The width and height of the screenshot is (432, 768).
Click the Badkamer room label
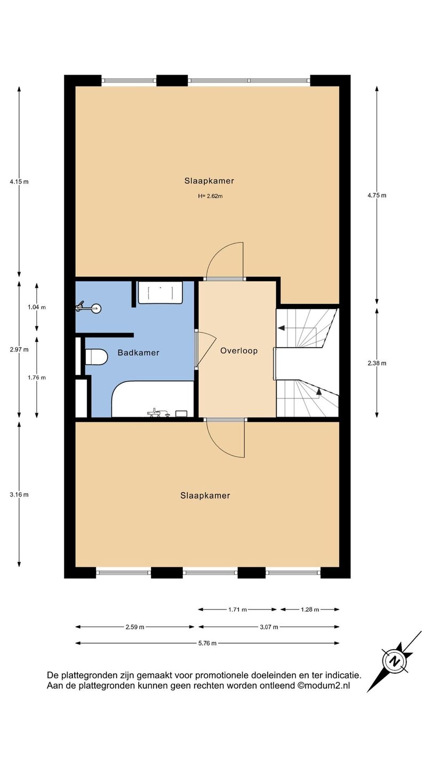coord(138,353)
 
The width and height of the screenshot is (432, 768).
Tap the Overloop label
coord(238,351)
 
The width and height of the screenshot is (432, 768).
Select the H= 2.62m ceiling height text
coord(210,196)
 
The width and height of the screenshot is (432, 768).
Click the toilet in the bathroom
coord(96,357)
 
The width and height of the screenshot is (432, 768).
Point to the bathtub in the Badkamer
coord(153,399)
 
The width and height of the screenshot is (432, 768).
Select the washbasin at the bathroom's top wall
coord(161,292)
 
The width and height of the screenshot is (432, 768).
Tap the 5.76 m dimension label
coord(207,643)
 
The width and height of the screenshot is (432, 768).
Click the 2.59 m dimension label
coord(135,627)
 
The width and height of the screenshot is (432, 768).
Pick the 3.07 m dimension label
coord(269,627)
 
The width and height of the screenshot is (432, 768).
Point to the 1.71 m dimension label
coord(238,610)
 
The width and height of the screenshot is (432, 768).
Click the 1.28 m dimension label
coord(310,610)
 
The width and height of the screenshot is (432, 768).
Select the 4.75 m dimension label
coord(377,195)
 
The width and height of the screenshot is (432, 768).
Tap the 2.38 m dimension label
coord(377,363)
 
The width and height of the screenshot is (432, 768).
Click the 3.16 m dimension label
coord(19,494)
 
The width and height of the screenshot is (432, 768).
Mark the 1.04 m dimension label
coord(37,307)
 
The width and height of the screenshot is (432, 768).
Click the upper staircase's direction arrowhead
coord(281,328)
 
